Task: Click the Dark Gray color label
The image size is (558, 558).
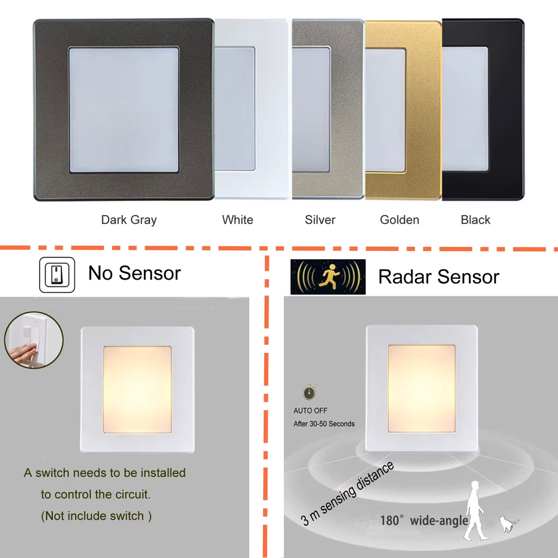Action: pyautogui.click(x=129, y=220)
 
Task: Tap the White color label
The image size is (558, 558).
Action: pyautogui.click(x=237, y=219)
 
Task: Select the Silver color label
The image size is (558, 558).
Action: pyautogui.click(x=320, y=219)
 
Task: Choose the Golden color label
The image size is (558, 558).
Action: pyautogui.click(x=399, y=219)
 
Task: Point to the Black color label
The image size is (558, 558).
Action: pyautogui.click(x=476, y=219)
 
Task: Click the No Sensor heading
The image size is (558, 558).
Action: pyautogui.click(x=135, y=273)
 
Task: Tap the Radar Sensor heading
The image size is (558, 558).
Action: pyautogui.click(x=438, y=277)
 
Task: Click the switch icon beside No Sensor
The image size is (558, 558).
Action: pyautogui.click(x=57, y=275)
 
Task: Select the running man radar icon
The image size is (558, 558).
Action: pyautogui.click(x=328, y=277)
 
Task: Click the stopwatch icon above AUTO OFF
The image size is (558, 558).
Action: pyautogui.click(x=309, y=392)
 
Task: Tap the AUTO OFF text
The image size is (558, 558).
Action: pyautogui.click(x=310, y=410)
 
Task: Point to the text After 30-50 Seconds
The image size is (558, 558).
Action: pyautogui.click(x=324, y=424)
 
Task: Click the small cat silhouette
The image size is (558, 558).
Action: pyautogui.click(x=508, y=523)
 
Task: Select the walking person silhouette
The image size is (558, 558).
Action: pyautogui.click(x=474, y=510)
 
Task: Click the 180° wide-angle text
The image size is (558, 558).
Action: pyautogui.click(x=424, y=521)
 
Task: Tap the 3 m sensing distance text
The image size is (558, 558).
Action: pyautogui.click(x=347, y=494)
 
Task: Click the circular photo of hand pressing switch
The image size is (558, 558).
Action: pyautogui.click(x=34, y=340)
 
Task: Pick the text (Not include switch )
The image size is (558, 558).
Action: pyautogui.click(x=96, y=516)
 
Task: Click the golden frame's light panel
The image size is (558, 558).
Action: pyautogui.click(x=385, y=110)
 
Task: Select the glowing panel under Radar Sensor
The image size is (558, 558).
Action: pyautogui.click(x=422, y=389)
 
